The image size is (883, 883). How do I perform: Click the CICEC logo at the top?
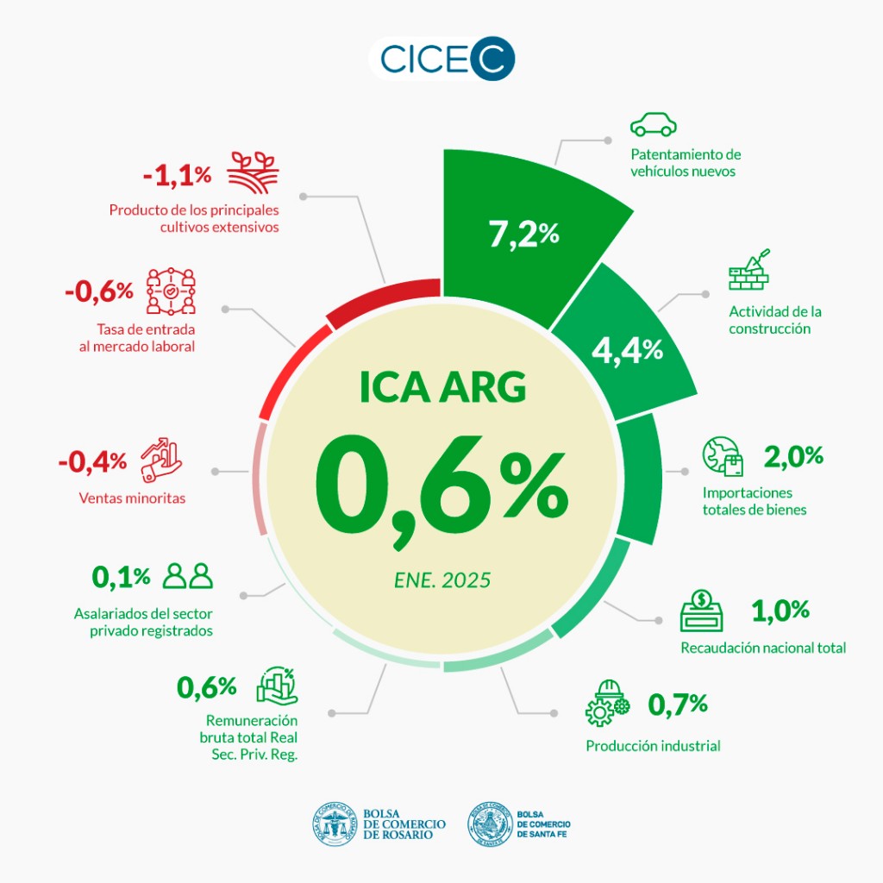pos(441,59)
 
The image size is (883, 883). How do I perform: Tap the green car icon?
pos(653,125)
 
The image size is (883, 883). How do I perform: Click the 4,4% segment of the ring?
pos(627,349)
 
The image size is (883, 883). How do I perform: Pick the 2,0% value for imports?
pos(793,455)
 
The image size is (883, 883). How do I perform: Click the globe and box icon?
pos(723,457)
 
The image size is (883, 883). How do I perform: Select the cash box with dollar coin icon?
pos(703,611)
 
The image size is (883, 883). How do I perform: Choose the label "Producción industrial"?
pos(653,746)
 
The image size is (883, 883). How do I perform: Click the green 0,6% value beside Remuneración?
pos(207,687)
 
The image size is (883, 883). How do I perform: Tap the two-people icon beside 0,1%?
pos(188,575)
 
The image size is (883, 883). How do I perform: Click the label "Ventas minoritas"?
pos(132,498)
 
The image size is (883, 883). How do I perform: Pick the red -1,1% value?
pos(177,175)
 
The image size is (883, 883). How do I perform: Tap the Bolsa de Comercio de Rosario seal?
pos(335,824)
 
